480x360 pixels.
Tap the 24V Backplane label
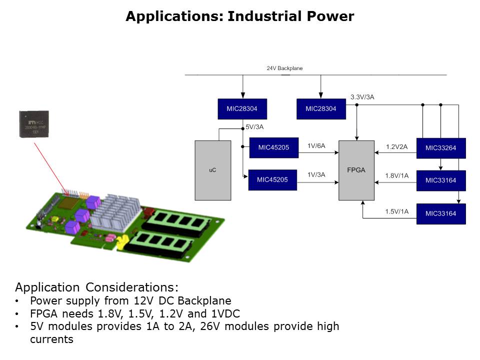pyautogui.click(x=284, y=68)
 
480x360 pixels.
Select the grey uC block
pyautogui.click(x=212, y=170)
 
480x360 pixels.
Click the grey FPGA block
pyautogui.click(x=356, y=170)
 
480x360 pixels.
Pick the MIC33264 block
pyautogui.click(x=440, y=148)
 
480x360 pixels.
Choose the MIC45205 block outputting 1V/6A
pyautogui.click(x=273, y=147)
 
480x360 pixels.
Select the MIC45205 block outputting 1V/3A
pyautogui.click(x=272, y=180)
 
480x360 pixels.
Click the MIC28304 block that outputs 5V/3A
pyautogui.click(x=242, y=108)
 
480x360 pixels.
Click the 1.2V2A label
pyautogui.click(x=397, y=147)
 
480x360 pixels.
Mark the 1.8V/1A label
pyautogui.click(x=396, y=175)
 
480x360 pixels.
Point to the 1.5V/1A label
pyautogui.click(x=396, y=211)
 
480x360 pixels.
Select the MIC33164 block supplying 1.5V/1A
pyautogui.click(x=440, y=214)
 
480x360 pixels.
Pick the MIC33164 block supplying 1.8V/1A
pyautogui.click(x=440, y=180)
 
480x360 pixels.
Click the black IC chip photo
pyautogui.click(x=34, y=123)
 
